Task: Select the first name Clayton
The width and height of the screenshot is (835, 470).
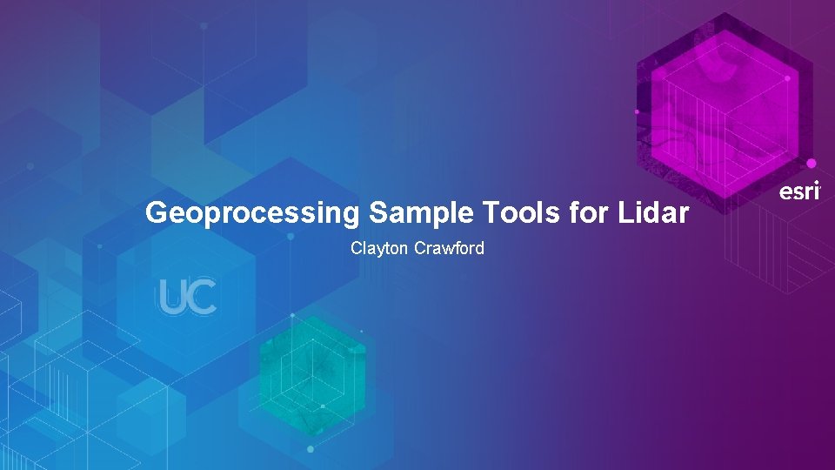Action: (x=380, y=249)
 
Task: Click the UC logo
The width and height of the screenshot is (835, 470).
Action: (x=187, y=297)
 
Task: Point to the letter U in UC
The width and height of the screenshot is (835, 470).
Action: (x=172, y=297)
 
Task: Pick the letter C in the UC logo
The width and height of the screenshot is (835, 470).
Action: (x=202, y=297)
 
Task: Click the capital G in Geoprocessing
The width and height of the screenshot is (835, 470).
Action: (x=157, y=212)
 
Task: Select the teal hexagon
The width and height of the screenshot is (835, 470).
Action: (x=311, y=374)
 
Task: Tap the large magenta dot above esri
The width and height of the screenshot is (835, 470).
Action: (x=812, y=164)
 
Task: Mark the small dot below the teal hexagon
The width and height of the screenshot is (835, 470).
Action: (x=311, y=449)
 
